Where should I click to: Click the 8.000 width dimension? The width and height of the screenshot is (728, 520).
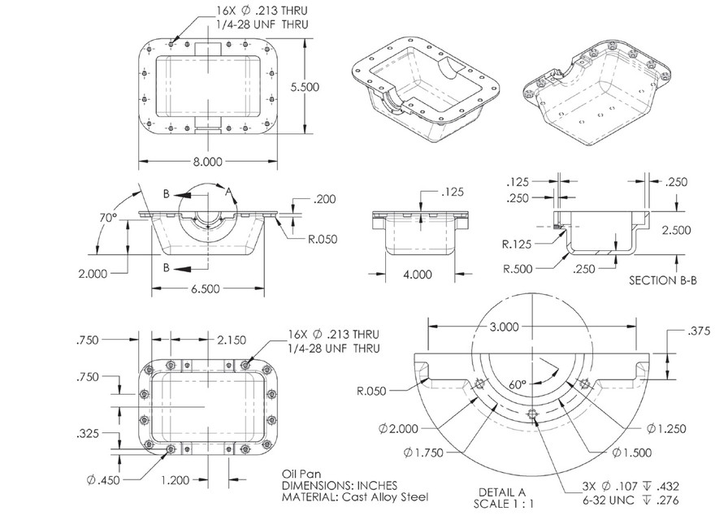[x=207, y=161]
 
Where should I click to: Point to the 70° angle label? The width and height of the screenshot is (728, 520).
[x=109, y=217]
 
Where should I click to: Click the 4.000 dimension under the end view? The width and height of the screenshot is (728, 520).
[x=417, y=275]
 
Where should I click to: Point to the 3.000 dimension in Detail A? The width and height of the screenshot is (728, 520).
[x=505, y=327]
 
